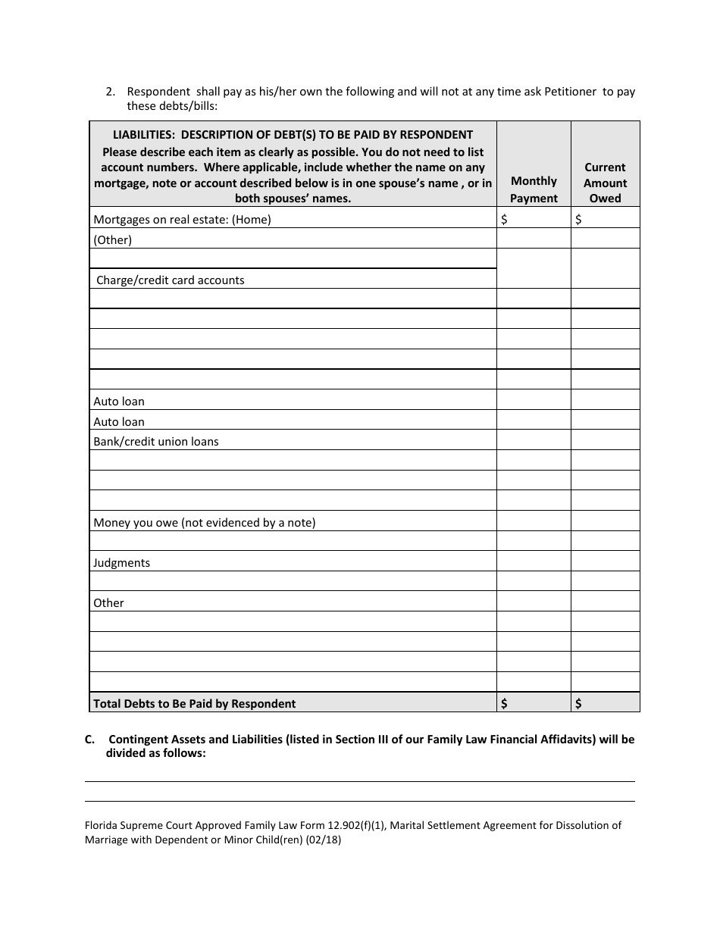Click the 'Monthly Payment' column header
pyautogui.click(x=534, y=189)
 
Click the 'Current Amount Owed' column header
pyautogui.click(x=605, y=183)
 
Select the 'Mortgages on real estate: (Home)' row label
pyautogui.click(x=182, y=220)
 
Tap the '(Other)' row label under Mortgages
pyautogui.click(x=112, y=240)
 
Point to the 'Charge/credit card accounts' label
pyautogui.click(x=171, y=280)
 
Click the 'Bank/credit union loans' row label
pyautogui.click(x=155, y=442)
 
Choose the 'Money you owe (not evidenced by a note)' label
pyautogui.click(x=204, y=523)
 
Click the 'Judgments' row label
pyautogui.click(x=121, y=563)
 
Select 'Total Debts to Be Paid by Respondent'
pyautogui.click(x=194, y=704)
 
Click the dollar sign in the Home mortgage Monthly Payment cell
pyautogui.click(x=504, y=220)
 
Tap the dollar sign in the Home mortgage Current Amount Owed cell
pyautogui.click(x=579, y=220)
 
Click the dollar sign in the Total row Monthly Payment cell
pyautogui.click(x=504, y=704)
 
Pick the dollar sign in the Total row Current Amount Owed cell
pyautogui.click(x=579, y=704)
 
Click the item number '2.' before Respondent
pyautogui.click(x=111, y=92)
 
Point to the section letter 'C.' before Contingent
pyautogui.click(x=90, y=740)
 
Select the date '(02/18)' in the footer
pyautogui.click(x=323, y=840)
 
